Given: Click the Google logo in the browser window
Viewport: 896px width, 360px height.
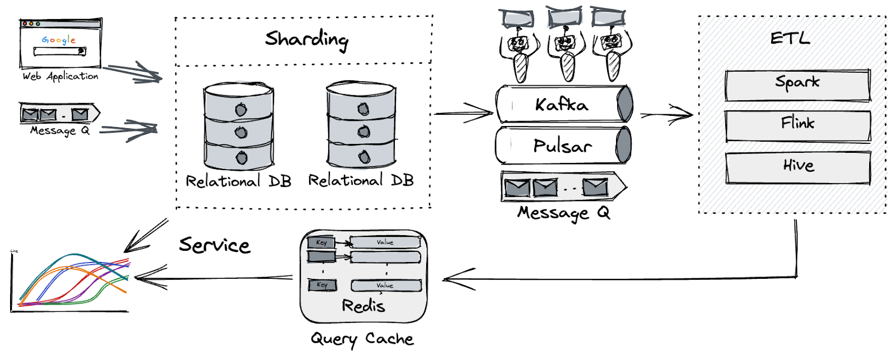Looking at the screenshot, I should pos(58,40).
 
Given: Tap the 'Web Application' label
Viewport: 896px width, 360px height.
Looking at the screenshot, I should pos(60,76).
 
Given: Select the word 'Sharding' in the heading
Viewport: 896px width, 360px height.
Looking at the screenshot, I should pos(306,39).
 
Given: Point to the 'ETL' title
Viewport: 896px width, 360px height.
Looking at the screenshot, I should pos(790,38).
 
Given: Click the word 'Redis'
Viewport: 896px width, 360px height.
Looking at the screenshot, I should pos(363,306).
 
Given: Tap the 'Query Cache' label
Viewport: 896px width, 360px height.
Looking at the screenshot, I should pos(362,339).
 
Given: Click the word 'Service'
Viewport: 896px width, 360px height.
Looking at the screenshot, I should pos(214,245).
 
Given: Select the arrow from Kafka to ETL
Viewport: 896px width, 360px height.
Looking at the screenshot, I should pos(666,115).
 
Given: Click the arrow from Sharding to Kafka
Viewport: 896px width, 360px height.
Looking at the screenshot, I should pos(463,113).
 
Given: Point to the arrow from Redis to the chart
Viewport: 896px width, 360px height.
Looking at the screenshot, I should pos(213,278).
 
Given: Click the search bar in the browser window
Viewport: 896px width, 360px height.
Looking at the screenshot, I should pos(59,52).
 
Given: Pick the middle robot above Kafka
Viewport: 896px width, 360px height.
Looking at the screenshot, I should pos(567,50).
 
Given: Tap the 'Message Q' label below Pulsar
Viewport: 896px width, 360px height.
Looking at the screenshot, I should pos(563,213).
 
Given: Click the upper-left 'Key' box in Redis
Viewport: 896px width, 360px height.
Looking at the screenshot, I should pos(321,242).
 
